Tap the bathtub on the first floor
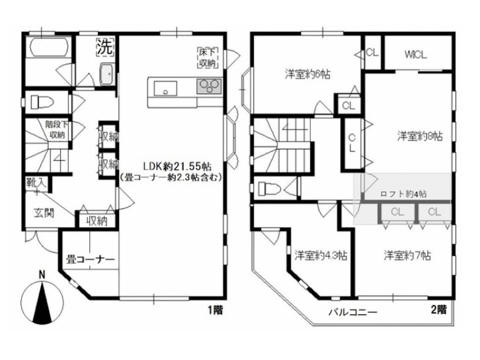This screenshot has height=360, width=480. point(49,47)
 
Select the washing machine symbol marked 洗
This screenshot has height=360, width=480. point(105,47)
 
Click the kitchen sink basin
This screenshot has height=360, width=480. point(165,88)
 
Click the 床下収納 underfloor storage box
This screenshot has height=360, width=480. point(208,58)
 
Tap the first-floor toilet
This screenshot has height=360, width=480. point(42,102)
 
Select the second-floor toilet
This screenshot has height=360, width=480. point(269,189)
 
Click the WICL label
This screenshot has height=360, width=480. point(415,55)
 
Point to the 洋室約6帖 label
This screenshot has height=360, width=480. point(307,74)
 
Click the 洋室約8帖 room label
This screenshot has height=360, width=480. point(420,136)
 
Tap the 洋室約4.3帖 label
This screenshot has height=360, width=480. point(321,255)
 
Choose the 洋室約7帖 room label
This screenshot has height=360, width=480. point(407,255)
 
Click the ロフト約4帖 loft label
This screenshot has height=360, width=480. point(403,194)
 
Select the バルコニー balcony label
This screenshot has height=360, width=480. point(353,312)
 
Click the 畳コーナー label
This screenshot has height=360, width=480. point(91,259)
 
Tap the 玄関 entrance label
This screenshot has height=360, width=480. point(44,212)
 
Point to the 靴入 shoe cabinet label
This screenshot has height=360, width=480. point(36,183)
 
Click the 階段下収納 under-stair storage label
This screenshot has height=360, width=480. point(56,130)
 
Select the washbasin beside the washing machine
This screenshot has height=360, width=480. point(106,75)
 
